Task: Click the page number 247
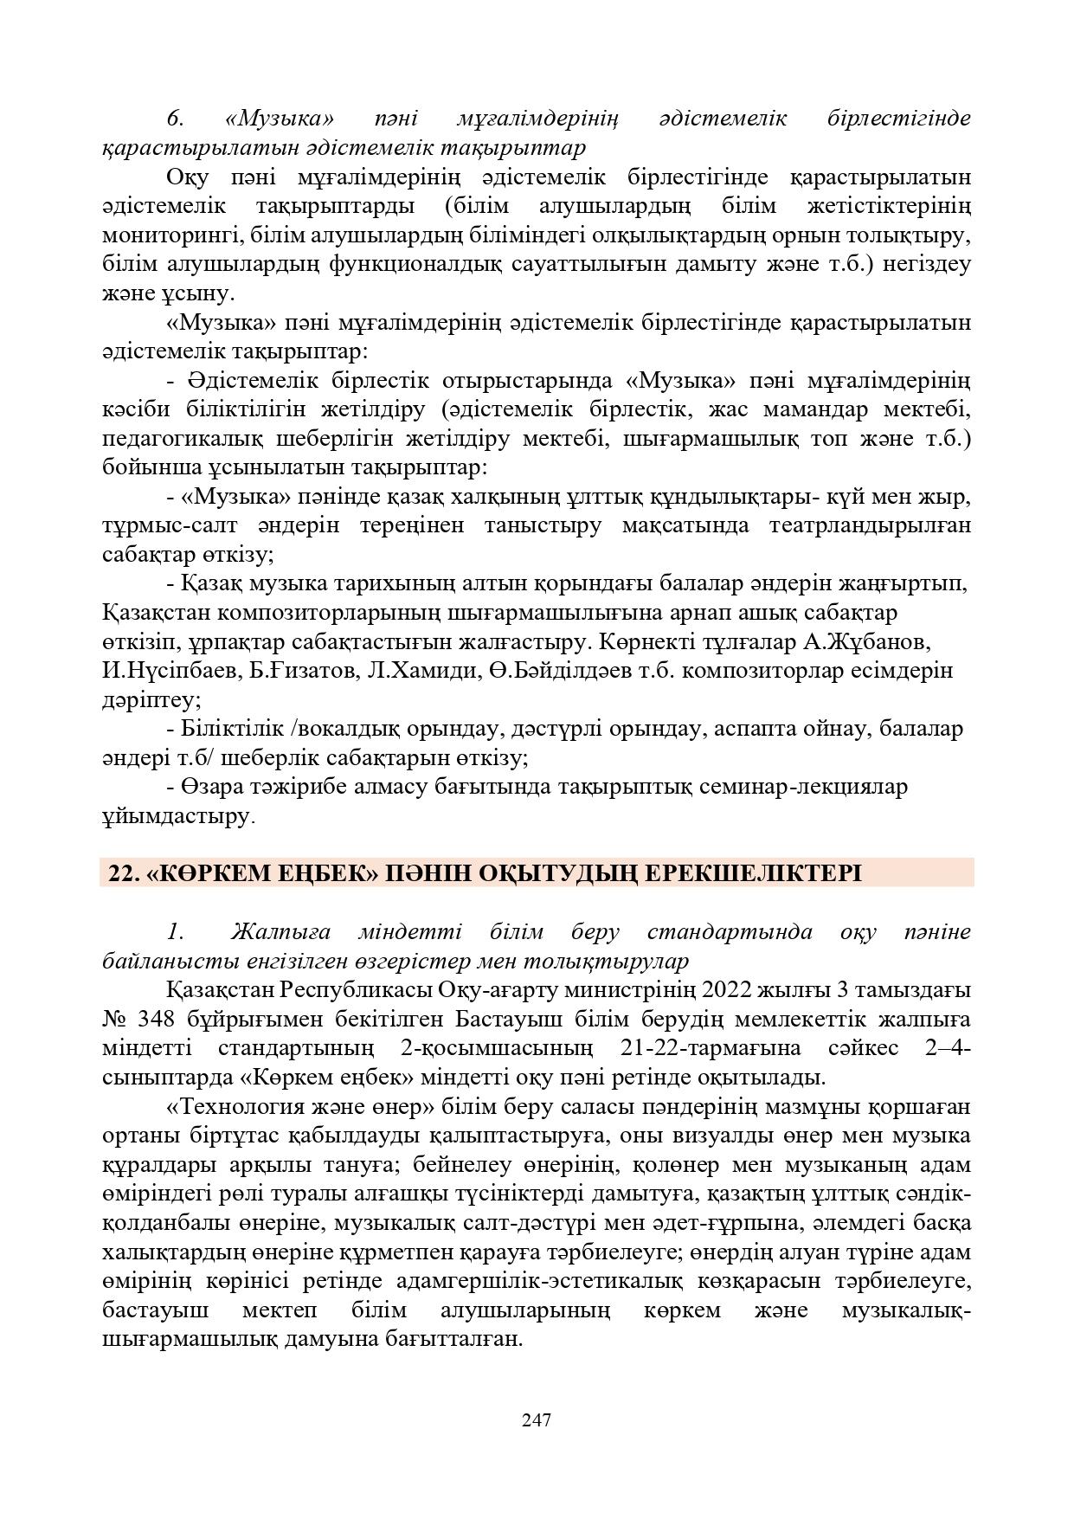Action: point(537,1419)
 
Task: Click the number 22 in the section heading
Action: point(121,873)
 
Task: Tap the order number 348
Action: point(148,1019)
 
